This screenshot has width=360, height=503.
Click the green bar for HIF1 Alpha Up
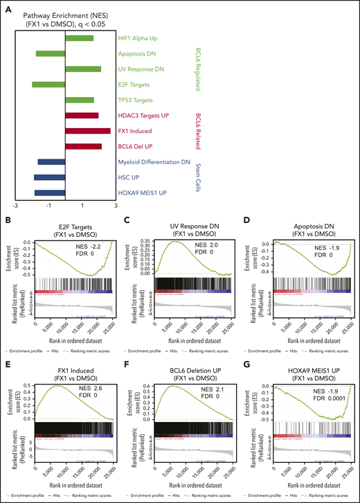tap(80, 37)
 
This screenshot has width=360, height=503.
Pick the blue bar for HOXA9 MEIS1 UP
tap(49, 193)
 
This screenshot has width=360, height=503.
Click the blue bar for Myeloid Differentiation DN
tap(51, 162)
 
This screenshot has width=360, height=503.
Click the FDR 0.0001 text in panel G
tap(315, 396)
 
